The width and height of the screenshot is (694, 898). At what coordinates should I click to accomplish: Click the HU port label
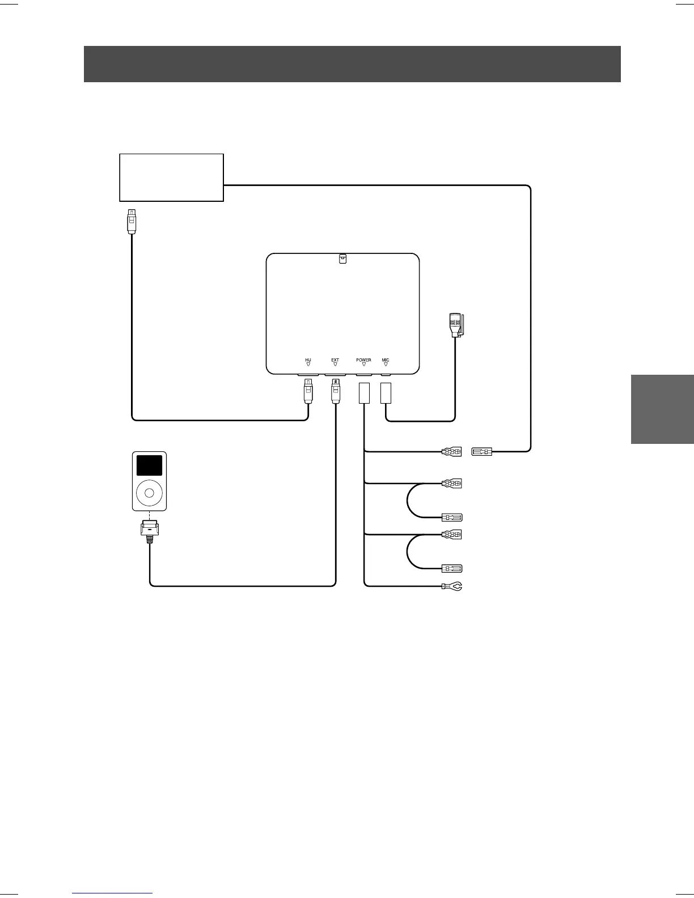point(308,360)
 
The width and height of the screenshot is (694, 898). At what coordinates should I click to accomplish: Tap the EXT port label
point(335,360)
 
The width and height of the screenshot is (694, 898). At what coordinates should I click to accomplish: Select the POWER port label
point(363,360)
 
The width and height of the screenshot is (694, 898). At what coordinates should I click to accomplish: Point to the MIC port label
point(386,360)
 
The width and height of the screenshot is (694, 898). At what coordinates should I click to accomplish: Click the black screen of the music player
point(149,465)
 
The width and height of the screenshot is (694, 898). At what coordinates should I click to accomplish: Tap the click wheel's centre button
point(149,493)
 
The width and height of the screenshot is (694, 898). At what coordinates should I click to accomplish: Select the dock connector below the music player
point(149,531)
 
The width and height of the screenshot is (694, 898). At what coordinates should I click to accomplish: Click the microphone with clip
point(456,325)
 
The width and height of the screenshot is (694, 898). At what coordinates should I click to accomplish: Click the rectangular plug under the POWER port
point(365,393)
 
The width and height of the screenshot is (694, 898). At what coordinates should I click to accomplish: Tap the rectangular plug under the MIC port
point(386,393)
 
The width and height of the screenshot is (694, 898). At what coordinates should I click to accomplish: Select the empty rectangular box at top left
point(171,177)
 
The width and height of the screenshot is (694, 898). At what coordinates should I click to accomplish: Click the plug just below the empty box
point(132,222)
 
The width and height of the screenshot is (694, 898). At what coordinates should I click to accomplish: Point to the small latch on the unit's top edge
point(342,259)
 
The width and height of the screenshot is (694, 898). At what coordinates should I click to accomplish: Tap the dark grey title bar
point(352,64)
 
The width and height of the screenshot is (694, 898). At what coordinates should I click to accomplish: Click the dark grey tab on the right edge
point(662,409)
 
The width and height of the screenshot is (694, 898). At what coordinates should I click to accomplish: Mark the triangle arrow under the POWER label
point(363,365)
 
